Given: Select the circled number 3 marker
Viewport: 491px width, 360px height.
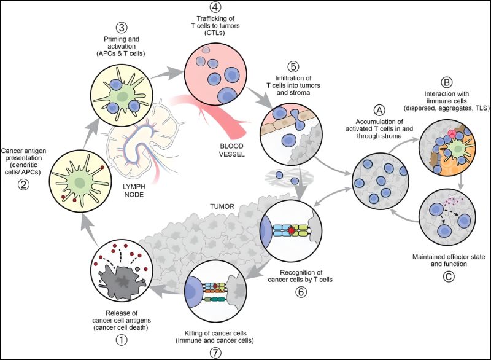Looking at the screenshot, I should [x=122, y=28].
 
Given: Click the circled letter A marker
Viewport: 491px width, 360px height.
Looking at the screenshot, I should [x=379, y=109].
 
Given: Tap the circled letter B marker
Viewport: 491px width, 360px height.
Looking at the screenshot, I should [x=447, y=81].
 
